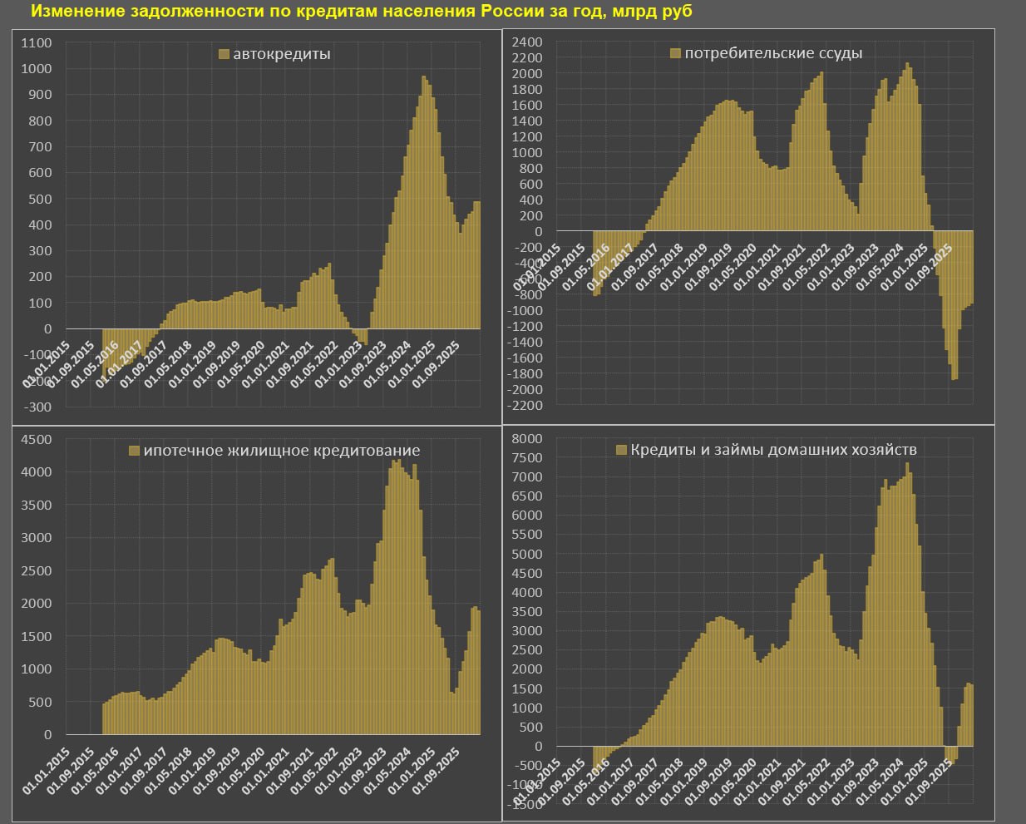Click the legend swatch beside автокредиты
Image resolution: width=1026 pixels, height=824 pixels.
pos(224,54)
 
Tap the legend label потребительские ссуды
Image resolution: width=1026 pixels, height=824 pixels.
pos(773,53)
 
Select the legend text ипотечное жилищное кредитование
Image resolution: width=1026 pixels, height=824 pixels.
pos(282,451)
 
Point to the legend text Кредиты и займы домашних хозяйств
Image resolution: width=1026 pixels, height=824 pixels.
pos(773,450)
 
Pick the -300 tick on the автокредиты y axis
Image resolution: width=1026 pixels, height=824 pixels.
pos(37,407)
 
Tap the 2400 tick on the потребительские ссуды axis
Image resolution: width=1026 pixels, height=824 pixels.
pos(527,42)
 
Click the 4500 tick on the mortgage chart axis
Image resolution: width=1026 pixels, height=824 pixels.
pos(36,439)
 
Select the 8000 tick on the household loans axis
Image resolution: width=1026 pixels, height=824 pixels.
pos(527,438)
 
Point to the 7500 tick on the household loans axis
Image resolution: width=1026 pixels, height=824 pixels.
pos(527,457)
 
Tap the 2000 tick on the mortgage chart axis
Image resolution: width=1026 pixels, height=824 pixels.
pos(36,604)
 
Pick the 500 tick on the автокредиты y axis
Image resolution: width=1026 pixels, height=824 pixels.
pos(39,199)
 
